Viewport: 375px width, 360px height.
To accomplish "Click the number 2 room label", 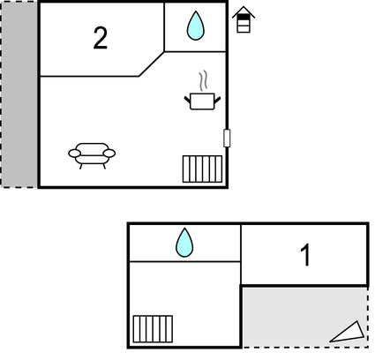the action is pyautogui.click(x=101, y=38).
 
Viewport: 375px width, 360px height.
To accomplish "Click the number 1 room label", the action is pyautogui.click(x=306, y=255).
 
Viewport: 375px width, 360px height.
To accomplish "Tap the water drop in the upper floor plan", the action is pyautogui.click(x=196, y=26).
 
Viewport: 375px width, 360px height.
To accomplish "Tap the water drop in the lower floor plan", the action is pyautogui.click(x=184, y=243).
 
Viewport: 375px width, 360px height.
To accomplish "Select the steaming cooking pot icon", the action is pyautogui.click(x=202, y=91).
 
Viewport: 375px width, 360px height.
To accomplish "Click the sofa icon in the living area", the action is pyautogui.click(x=92, y=155).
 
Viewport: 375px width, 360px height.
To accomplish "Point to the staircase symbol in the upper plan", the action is pyautogui.click(x=202, y=169).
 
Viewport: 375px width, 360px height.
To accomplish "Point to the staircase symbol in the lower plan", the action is pyautogui.click(x=153, y=329).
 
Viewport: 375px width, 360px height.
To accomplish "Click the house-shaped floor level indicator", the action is pyautogui.click(x=244, y=19).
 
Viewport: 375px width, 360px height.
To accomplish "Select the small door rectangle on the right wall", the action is pyautogui.click(x=227, y=138).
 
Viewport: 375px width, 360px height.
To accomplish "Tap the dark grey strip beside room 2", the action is pyautogui.click(x=19, y=94).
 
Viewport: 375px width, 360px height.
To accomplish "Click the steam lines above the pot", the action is pyautogui.click(x=202, y=81).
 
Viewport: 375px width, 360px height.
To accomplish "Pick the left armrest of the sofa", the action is pyautogui.click(x=74, y=154).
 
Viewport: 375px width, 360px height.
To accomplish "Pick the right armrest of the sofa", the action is pyautogui.click(x=109, y=154).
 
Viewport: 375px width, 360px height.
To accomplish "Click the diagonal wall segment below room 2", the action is pyautogui.click(x=152, y=64).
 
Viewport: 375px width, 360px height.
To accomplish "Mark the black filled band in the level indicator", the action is pyautogui.click(x=244, y=18).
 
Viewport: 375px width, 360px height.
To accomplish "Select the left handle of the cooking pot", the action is pyautogui.click(x=187, y=100).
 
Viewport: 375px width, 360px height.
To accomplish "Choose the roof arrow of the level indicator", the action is pyautogui.click(x=244, y=11).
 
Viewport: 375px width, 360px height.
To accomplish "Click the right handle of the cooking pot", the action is pyautogui.click(x=218, y=100).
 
